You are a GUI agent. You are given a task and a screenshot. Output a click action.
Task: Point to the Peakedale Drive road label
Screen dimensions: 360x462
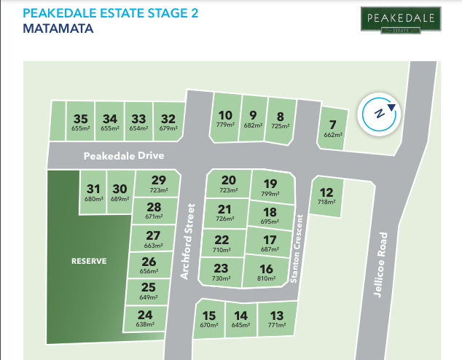click(x=124, y=156)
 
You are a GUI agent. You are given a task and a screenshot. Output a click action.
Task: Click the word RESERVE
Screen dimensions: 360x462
click(x=88, y=260)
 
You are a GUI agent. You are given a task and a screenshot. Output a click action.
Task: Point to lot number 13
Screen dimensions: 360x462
click(x=276, y=315)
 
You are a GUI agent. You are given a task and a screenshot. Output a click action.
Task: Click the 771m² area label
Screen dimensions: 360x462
click(x=276, y=325)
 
